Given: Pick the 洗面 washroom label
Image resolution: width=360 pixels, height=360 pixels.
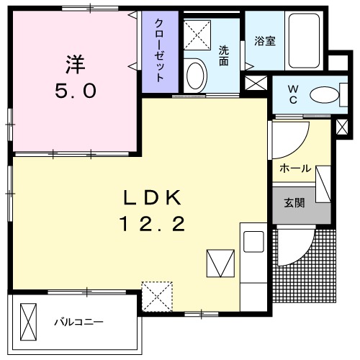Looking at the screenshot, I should [224, 56].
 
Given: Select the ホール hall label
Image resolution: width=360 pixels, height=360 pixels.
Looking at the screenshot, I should [294, 169].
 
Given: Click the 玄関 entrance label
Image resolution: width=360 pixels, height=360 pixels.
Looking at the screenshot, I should [293, 203].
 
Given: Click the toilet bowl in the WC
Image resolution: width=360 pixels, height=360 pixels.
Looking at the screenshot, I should [326, 94].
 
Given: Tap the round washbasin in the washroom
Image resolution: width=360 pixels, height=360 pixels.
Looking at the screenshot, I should [195, 75].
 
